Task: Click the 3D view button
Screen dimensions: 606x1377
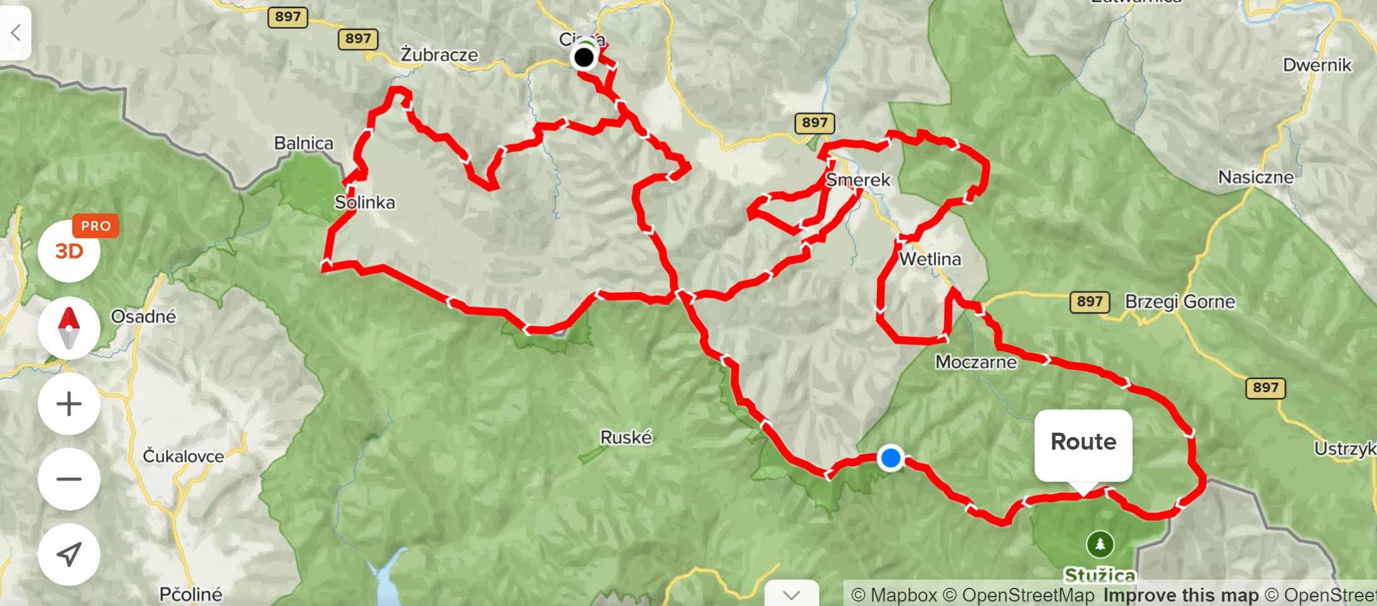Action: pyautogui.click(x=68, y=252)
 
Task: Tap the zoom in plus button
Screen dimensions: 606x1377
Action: pyautogui.click(x=69, y=404)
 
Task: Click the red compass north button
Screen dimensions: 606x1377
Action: pyautogui.click(x=69, y=328)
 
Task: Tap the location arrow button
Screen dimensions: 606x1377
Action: pyautogui.click(x=69, y=554)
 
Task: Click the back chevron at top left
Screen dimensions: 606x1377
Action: pyautogui.click(x=16, y=32)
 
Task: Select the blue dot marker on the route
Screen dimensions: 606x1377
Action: pyautogui.click(x=890, y=458)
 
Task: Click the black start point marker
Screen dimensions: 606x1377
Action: pyautogui.click(x=584, y=58)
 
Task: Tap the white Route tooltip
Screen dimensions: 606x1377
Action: pyautogui.click(x=1083, y=442)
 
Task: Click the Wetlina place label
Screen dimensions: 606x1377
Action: pyautogui.click(x=930, y=259)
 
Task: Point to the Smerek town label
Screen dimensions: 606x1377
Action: pyautogui.click(x=858, y=180)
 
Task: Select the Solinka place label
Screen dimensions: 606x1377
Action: pyautogui.click(x=364, y=202)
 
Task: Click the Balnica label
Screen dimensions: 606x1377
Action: pyautogui.click(x=303, y=143)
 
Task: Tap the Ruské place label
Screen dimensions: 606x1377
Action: pyautogui.click(x=626, y=437)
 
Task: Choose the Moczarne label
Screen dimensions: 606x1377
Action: pyautogui.click(x=976, y=362)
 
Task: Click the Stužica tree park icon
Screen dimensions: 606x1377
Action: pyautogui.click(x=1099, y=544)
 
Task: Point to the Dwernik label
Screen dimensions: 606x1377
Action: pyautogui.click(x=1317, y=65)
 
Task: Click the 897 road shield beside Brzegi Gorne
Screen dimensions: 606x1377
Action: pyautogui.click(x=1089, y=302)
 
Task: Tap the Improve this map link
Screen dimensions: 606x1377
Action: pyautogui.click(x=1181, y=595)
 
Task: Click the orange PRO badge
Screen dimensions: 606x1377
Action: pyautogui.click(x=95, y=226)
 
